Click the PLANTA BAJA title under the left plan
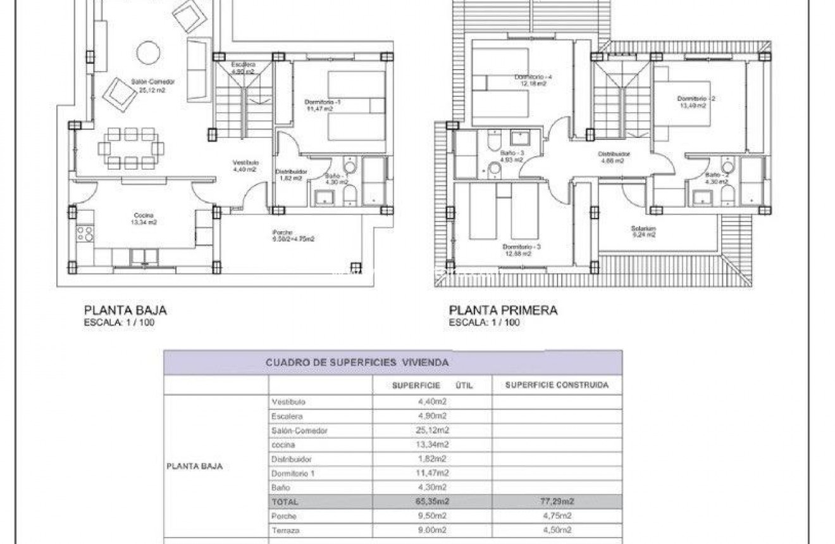[125, 310]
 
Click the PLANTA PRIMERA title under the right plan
[503, 310]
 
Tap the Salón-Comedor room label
[152, 82]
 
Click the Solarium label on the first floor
[643, 229]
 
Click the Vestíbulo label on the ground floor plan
[244, 163]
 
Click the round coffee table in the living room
[149, 52]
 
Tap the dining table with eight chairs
[131, 148]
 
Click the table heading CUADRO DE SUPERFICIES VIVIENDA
[357, 363]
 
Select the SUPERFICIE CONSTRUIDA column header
[557, 385]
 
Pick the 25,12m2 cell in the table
[432, 430]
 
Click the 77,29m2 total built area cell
[557, 501]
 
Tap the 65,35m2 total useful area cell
[432, 501]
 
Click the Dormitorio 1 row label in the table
[293, 472]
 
